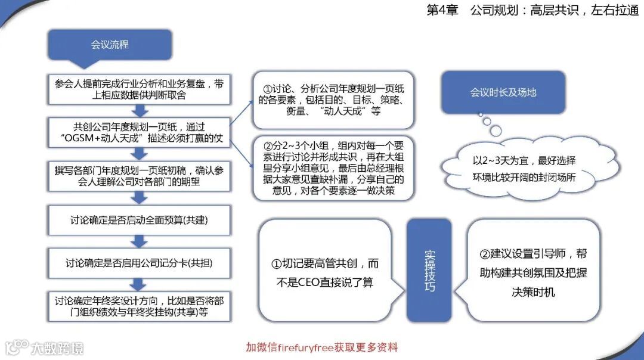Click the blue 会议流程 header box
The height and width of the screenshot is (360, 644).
tap(110, 45)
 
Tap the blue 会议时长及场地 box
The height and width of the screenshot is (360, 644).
tap(503, 92)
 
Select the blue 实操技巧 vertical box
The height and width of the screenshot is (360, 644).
tap(429, 271)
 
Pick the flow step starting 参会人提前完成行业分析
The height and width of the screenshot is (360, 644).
tap(140, 89)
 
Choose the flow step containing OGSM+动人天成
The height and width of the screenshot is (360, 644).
tap(140, 132)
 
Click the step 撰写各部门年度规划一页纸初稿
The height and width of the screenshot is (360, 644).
tap(140, 176)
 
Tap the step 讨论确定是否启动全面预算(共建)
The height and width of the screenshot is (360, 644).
tap(140, 220)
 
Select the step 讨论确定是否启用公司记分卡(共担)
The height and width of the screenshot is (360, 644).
tap(140, 263)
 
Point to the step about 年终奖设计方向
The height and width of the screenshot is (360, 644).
tap(140, 306)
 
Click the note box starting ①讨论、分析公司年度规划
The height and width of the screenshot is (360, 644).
tap(333, 99)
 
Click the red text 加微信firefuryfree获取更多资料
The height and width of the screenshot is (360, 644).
tap(322, 347)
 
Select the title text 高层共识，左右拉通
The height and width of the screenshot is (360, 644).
tap(584, 11)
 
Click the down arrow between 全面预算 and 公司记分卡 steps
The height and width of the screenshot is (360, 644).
tap(140, 241)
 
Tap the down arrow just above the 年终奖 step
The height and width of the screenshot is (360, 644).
tap(140, 284)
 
